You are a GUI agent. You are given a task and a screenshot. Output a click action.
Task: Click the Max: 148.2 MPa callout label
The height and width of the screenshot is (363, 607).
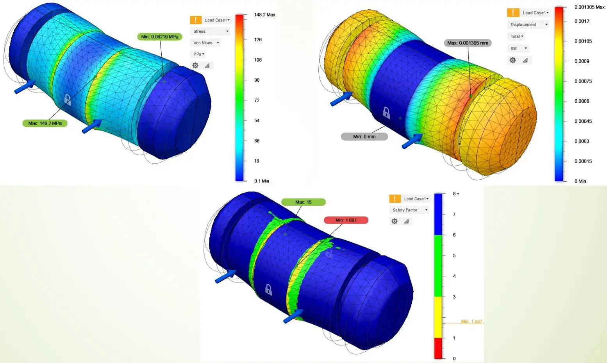[x=45, y=123]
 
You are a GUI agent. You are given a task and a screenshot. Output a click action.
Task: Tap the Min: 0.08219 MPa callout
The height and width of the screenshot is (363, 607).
[x=160, y=37]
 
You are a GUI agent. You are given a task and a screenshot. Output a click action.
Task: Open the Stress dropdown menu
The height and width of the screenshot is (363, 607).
[x=210, y=31]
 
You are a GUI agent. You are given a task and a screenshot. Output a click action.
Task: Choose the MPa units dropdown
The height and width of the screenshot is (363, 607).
[x=198, y=54]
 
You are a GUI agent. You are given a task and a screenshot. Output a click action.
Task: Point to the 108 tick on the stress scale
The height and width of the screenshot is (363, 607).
[x=258, y=60]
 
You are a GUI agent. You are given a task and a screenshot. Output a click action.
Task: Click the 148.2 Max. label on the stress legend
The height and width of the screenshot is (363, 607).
[x=265, y=14]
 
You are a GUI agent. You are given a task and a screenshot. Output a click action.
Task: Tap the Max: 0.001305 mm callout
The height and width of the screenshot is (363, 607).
[x=468, y=43]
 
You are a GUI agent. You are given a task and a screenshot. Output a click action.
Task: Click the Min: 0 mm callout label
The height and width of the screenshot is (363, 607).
[x=364, y=137]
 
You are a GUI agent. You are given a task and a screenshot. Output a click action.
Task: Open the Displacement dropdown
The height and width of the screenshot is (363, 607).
[x=528, y=25]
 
